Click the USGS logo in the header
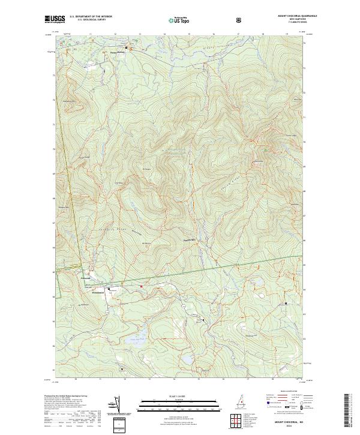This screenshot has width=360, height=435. (55, 20)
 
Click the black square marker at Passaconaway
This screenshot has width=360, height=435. (126, 48)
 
